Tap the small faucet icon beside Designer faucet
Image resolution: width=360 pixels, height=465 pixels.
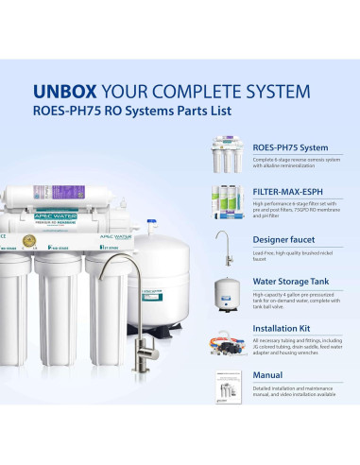224,248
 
